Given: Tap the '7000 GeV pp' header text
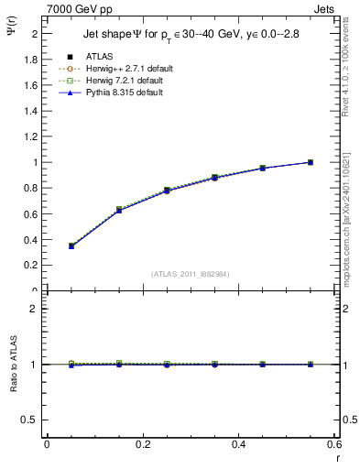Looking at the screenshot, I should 78,8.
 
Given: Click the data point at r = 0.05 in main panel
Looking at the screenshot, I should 71,246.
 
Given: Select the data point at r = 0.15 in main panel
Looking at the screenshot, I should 119,210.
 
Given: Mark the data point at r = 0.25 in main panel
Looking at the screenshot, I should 167,191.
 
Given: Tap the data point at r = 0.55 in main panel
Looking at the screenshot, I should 311,162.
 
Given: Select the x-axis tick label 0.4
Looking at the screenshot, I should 237,443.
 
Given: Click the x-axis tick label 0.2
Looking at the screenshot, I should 142,443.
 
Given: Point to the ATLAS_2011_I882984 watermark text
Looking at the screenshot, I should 191,274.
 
